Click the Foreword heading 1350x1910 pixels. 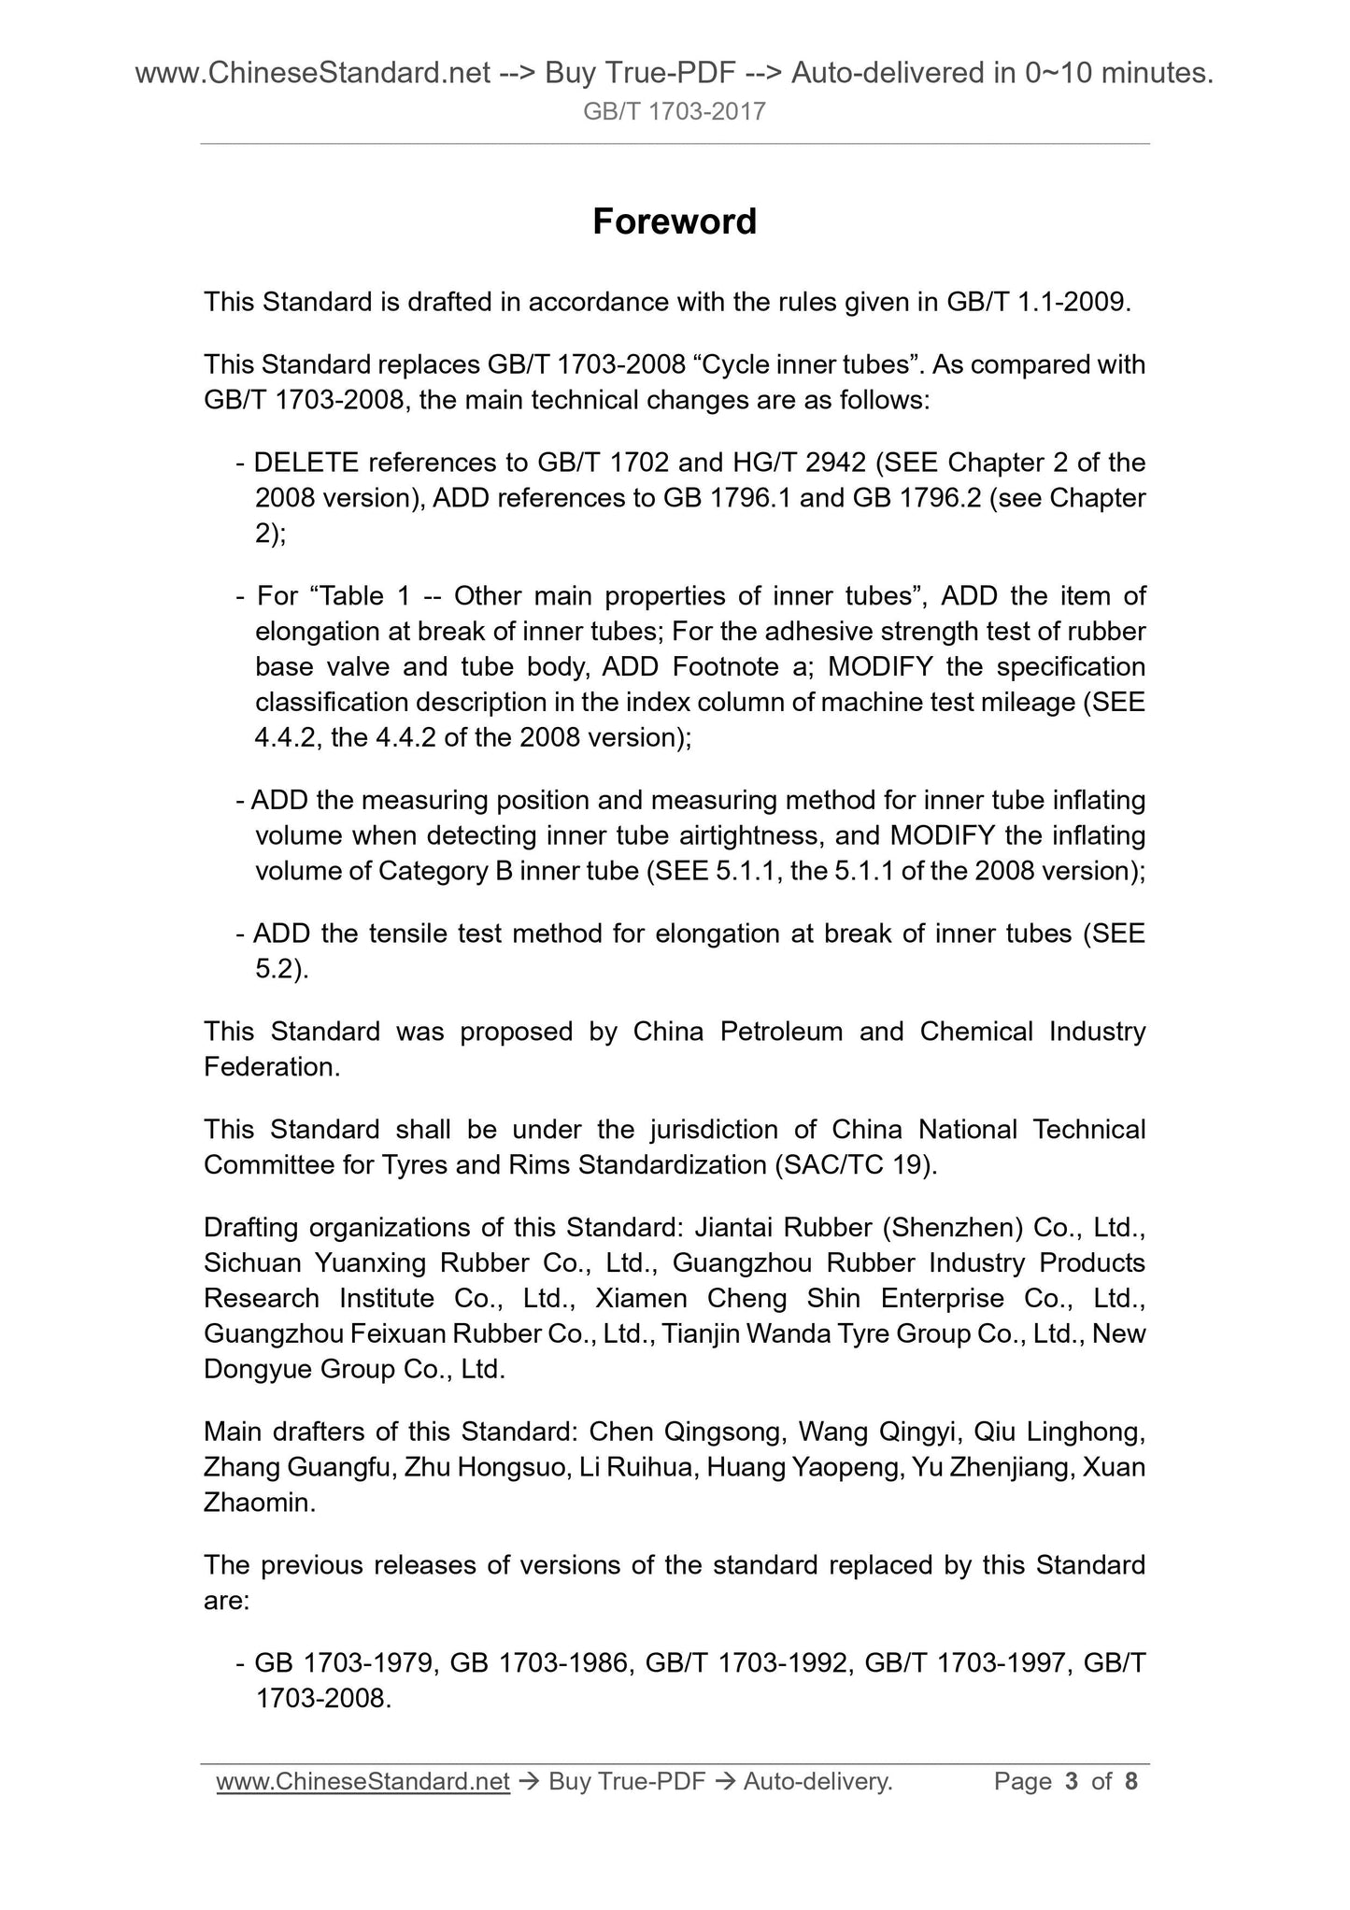pos(675,221)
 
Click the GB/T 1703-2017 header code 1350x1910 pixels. pos(674,112)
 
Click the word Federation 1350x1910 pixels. pos(272,1067)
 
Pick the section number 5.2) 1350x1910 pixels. pos(281,969)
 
